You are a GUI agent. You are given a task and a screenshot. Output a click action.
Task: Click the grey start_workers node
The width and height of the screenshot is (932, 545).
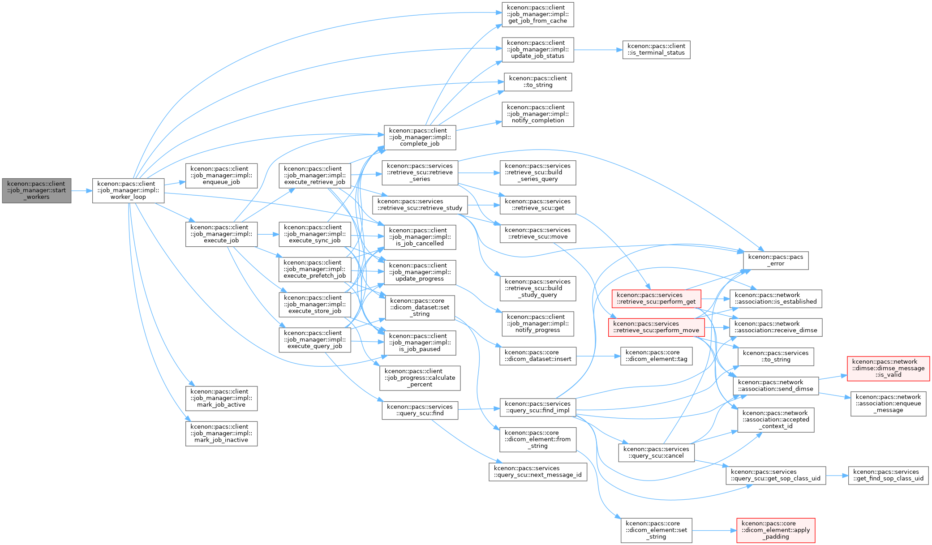[37, 190]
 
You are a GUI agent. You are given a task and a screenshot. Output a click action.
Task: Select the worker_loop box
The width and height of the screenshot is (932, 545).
[128, 190]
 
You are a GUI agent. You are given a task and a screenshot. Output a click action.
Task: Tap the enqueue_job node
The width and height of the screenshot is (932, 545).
[221, 176]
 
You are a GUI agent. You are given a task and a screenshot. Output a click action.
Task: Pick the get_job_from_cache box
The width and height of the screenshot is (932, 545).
[537, 14]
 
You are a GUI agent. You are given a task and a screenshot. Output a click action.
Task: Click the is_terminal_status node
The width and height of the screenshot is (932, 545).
[656, 50]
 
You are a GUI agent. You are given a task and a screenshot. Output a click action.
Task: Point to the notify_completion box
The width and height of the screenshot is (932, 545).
[537, 114]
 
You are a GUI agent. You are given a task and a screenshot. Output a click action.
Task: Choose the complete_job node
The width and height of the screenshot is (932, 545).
[420, 137]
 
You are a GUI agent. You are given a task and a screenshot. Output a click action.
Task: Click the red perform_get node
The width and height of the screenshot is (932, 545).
[656, 298]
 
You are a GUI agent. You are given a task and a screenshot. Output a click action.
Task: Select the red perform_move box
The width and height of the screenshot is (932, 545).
[656, 327]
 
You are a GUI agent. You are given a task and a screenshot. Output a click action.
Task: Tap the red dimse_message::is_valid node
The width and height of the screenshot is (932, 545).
[888, 369]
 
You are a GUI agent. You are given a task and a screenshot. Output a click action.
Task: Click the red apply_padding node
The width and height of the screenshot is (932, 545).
[776, 530]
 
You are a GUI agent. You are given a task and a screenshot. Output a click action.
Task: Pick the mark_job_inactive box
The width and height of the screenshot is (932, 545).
[221, 433]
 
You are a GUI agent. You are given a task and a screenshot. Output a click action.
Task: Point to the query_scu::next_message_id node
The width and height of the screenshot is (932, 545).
[537, 472]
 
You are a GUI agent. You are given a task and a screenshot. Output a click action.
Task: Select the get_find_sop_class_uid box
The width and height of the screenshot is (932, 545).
[888, 475]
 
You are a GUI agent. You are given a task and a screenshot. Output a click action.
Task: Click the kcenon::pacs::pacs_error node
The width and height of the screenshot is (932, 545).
[776, 260]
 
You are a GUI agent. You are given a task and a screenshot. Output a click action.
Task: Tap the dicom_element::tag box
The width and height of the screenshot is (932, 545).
[656, 356]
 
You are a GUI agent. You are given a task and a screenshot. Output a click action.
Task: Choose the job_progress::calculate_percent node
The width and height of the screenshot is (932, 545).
[420, 378]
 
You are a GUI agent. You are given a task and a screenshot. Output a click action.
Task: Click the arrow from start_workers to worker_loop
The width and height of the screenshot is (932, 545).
[82, 191]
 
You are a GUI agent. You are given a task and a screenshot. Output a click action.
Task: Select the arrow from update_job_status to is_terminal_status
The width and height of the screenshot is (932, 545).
[598, 50]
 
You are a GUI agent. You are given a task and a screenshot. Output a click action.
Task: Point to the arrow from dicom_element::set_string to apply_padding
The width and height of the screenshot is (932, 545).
[714, 531]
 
